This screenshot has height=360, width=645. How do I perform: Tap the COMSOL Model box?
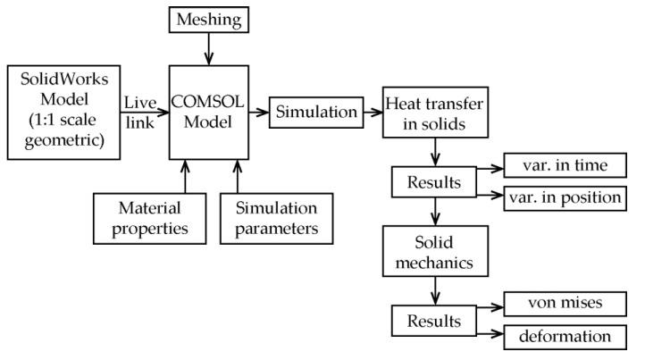(209, 111)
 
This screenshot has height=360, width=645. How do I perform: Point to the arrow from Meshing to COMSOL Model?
(209, 49)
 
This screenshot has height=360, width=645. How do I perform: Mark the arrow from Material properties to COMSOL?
(184, 175)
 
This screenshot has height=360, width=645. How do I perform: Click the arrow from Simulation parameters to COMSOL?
(238, 175)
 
